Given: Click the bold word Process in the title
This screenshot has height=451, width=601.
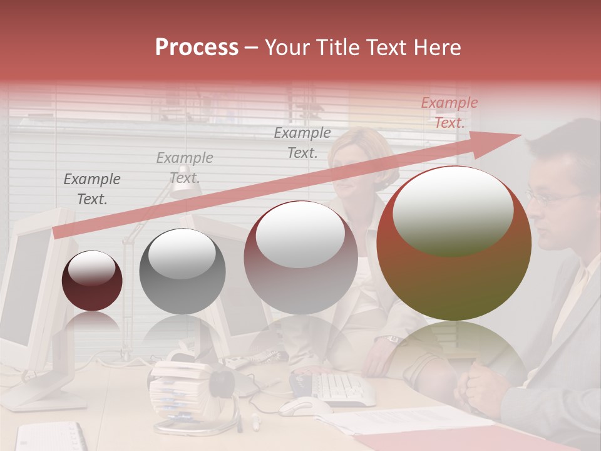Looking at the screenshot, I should pyautogui.click(x=197, y=47).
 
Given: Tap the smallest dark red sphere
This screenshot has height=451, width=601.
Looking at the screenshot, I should pyautogui.click(x=92, y=281).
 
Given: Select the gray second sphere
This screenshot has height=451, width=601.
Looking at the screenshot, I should pyautogui.click(x=182, y=271).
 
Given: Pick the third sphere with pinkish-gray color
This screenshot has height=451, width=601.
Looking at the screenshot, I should pyautogui.click(x=300, y=258).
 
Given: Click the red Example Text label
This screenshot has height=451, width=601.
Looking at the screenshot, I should pyautogui.click(x=449, y=113).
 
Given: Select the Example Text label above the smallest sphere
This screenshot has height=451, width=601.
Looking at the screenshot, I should pyautogui.click(x=92, y=189).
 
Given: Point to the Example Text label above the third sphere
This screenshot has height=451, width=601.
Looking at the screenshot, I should pyautogui.click(x=302, y=142).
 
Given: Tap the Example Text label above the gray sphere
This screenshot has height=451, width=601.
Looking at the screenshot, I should pyautogui.click(x=185, y=167).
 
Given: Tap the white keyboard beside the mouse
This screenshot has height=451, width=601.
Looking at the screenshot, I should pyautogui.click(x=341, y=388).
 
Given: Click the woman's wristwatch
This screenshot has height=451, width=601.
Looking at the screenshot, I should pyautogui.click(x=392, y=340).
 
